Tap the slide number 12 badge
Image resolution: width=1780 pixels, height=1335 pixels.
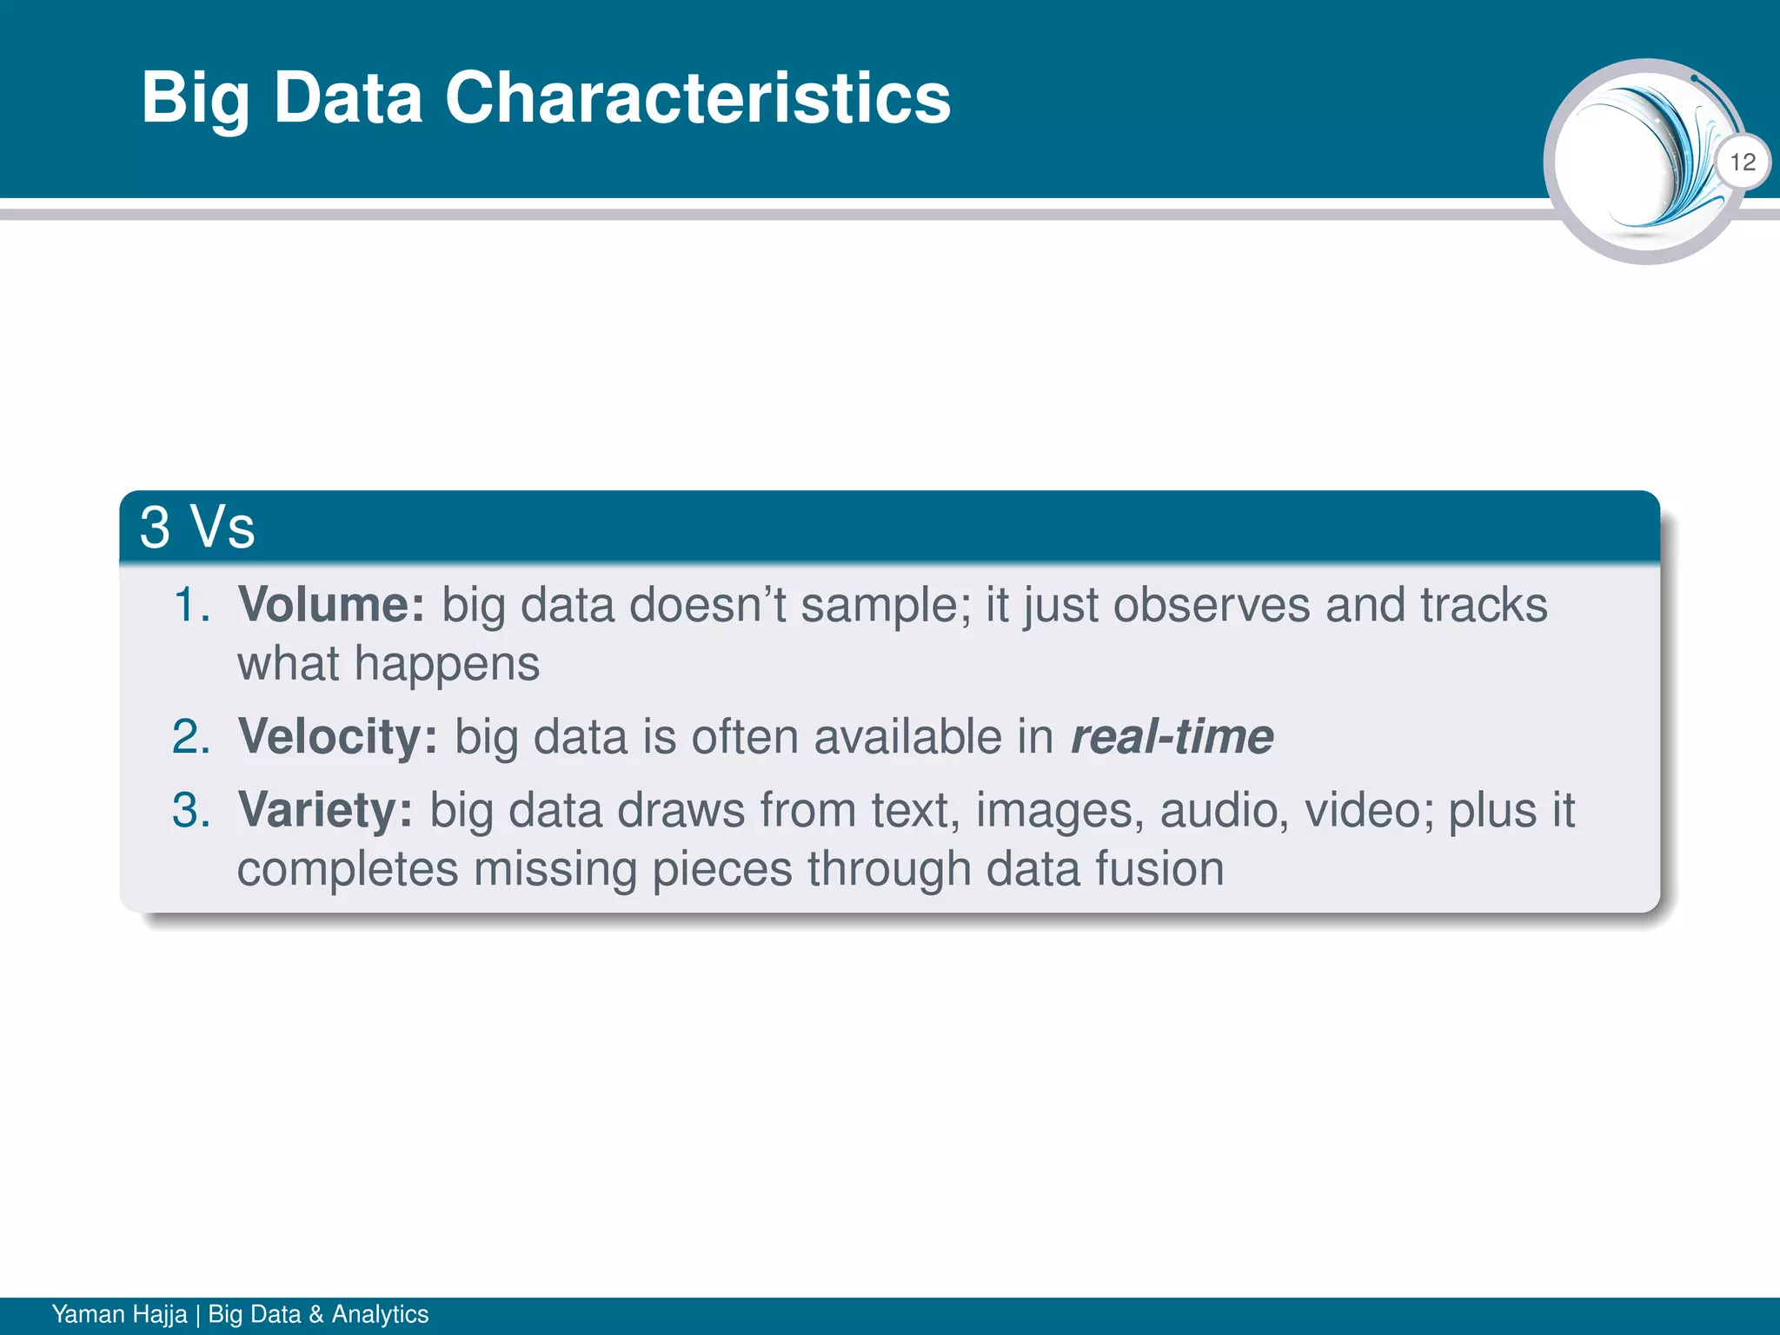tap(1743, 162)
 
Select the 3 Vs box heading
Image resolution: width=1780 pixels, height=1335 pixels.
tap(197, 527)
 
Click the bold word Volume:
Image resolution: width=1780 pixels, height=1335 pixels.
tap(331, 604)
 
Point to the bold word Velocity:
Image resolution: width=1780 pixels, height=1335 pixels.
tap(338, 736)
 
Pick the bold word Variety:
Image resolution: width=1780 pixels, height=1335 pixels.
tap(325, 809)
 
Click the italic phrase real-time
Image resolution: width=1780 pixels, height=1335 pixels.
tap(1172, 736)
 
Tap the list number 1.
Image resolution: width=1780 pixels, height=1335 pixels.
tap(191, 604)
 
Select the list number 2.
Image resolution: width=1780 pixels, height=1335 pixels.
tap(191, 736)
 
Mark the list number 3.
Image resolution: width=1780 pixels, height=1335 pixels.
tap(191, 809)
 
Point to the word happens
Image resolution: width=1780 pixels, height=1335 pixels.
tap(447, 664)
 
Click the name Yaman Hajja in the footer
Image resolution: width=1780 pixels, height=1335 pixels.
tap(119, 1313)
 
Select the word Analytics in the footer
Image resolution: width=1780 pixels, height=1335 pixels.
tap(380, 1313)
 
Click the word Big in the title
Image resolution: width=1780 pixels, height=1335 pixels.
tap(196, 99)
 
